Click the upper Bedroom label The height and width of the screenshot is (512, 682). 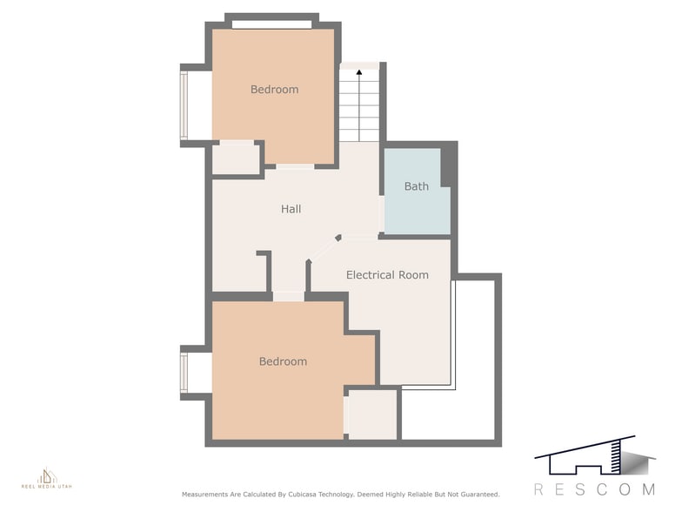[x=275, y=90]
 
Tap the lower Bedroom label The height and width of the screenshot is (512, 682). [x=283, y=361]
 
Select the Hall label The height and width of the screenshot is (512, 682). [x=291, y=209]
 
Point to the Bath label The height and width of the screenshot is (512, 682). [x=416, y=186]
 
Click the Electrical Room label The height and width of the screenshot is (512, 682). [x=387, y=275]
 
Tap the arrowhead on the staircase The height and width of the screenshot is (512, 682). [x=358, y=72]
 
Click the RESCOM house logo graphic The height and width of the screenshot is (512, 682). [x=595, y=455]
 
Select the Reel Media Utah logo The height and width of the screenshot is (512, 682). [x=47, y=478]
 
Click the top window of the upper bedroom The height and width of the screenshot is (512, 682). [x=271, y=24]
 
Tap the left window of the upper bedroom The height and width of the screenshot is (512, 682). [x=184, y=105]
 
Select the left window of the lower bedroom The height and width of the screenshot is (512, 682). [x=184, y=373]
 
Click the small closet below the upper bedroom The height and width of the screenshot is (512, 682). [x=235, y=159]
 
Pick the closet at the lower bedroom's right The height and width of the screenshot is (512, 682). [x=372, y=414]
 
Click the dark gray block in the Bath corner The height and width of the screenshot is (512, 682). [x=449, y=167]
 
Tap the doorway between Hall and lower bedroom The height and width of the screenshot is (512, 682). [x=289, y=296]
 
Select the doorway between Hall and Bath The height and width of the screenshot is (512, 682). [x=381, y=214]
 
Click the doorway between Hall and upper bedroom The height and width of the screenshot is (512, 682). [x=295, y=167]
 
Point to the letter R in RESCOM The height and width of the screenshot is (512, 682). [x=538, y=489]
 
